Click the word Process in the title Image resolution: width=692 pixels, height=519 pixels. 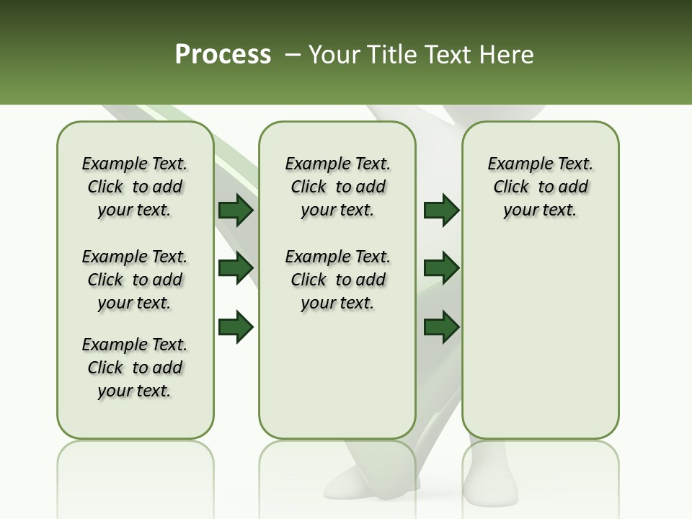coord(223,54)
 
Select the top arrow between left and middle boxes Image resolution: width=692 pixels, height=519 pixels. coord(236,210)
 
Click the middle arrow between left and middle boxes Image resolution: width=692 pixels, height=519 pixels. coord(236,267)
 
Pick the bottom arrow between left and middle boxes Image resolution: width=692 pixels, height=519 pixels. coord(236,327)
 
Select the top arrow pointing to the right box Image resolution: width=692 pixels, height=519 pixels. coord(441,210)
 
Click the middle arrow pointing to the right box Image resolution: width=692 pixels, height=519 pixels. coord(441,267)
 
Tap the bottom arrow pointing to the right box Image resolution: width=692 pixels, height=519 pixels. coord(441,327)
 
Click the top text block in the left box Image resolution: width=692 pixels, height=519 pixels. coord(135,187)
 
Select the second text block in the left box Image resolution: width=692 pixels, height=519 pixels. coord(135,280)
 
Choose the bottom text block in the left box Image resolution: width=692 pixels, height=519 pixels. coord(135,368)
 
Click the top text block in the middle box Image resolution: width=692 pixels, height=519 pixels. coord(338,187)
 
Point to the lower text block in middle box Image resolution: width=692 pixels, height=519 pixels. coord(338,280)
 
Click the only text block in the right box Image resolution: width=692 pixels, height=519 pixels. coord(541,187)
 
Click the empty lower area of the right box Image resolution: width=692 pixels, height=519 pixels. coord(541,346)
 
